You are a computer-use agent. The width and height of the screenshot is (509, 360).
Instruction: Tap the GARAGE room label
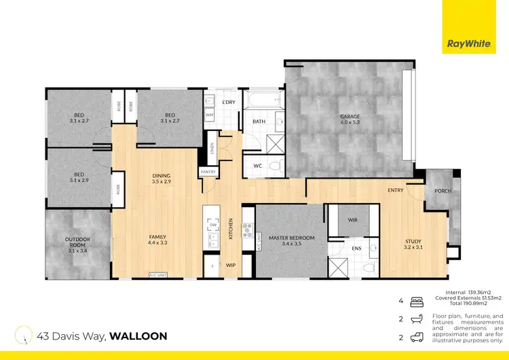pos(350,116)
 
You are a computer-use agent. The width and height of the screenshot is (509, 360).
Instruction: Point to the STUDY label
pos(413,241)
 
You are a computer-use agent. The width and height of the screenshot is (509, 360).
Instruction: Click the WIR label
pos(352,221)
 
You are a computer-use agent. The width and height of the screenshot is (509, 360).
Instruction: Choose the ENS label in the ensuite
pos(355,249)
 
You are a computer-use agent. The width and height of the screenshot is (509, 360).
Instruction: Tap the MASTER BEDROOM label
pos(291,238)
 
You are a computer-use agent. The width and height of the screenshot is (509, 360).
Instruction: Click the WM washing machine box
pos(209,115)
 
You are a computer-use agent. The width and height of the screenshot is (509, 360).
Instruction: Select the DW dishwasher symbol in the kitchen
pos(212,225)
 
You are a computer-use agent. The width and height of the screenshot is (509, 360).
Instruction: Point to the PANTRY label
pos(208,173)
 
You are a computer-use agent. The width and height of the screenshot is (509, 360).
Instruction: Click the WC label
pos(257,166)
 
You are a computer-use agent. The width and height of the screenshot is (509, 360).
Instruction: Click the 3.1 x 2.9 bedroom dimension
pos(79,181)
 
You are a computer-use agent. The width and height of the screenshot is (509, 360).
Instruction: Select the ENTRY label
pos(396,190)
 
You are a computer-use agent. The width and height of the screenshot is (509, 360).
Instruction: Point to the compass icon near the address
pos(26,335)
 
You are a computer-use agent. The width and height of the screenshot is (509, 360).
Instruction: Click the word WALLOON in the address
pos(138,336)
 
